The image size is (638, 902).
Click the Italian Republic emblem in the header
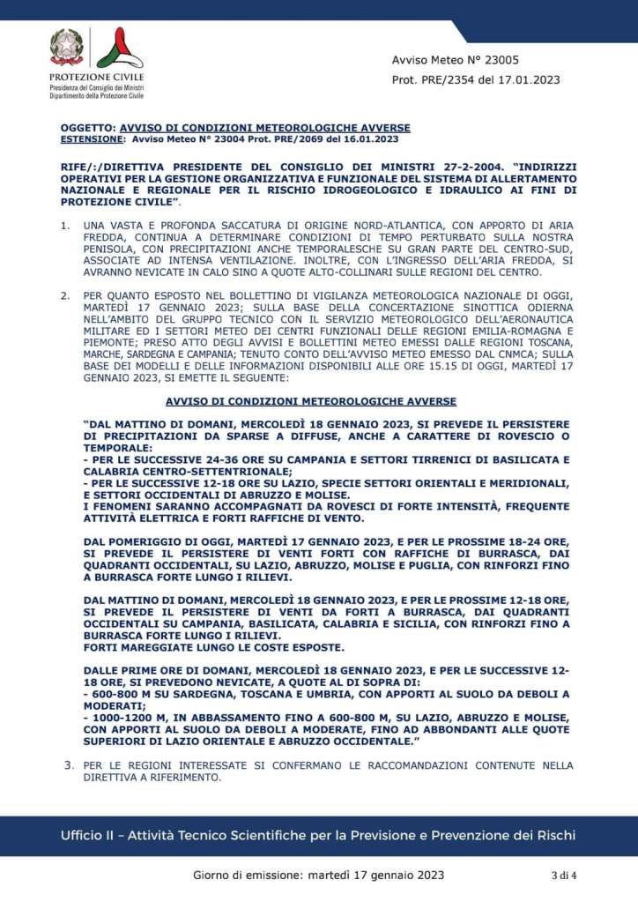tap(67, 46)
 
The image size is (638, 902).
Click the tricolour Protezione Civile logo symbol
tap(118, 48)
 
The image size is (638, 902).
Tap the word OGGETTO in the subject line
tap(87, 128)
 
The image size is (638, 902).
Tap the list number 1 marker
tap(64, 227)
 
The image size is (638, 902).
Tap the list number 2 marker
tap(64, 294)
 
